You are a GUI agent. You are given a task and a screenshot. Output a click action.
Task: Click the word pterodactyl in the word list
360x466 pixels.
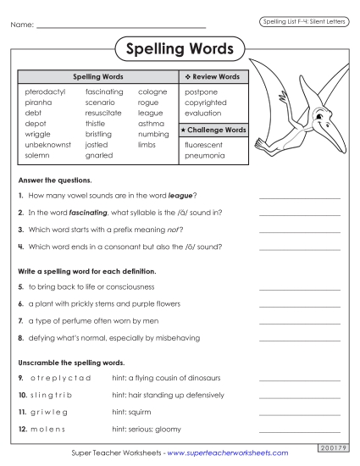[46, 92]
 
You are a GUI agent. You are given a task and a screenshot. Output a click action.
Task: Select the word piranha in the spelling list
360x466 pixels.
[39, 103]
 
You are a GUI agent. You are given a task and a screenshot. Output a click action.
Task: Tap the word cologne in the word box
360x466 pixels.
[152, 92]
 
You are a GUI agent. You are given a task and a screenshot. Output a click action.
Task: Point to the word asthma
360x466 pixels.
[151, 124]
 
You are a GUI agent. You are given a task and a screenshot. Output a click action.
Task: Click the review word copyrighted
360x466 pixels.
[205, 103]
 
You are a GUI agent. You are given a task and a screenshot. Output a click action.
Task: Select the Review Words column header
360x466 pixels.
[213, 77]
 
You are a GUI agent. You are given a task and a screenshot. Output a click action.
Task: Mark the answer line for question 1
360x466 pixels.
[299, 197]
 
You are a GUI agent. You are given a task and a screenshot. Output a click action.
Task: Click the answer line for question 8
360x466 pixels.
[299, 339]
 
